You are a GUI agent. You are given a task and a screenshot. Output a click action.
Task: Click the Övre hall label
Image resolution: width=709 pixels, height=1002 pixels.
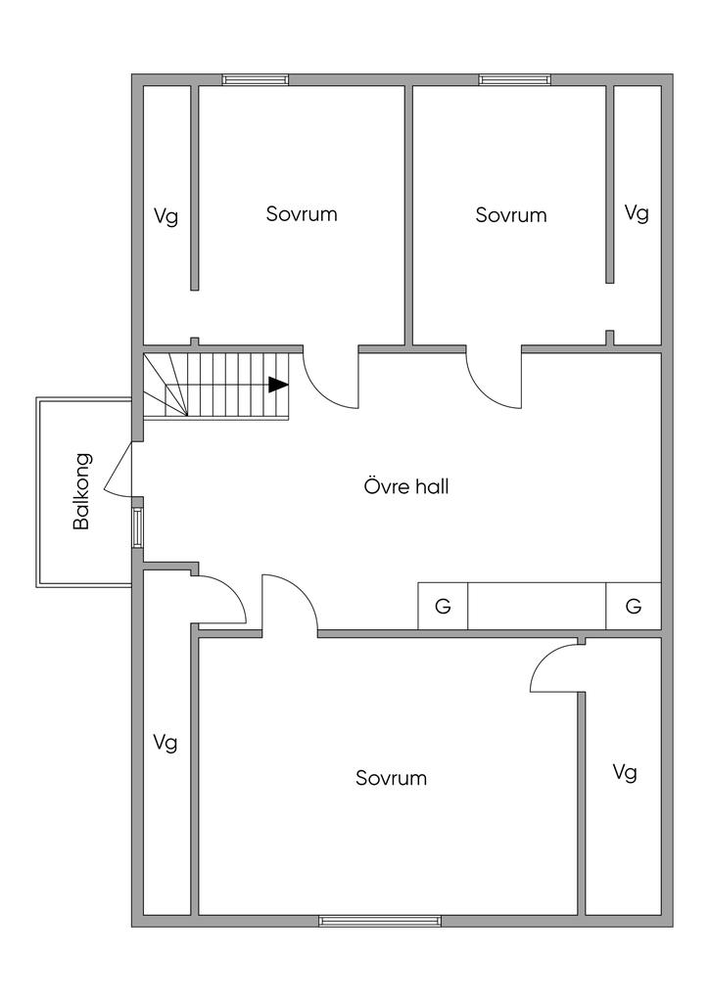click(x=405, y=486)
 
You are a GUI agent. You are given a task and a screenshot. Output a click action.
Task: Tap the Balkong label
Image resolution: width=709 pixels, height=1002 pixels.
click(x=82, y=491)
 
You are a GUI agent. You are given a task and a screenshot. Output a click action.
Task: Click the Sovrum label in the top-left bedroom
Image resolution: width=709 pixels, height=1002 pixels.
click(x=302, y=214)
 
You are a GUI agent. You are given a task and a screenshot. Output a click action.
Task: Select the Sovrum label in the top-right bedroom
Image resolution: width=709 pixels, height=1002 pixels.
click(x=510, y=215)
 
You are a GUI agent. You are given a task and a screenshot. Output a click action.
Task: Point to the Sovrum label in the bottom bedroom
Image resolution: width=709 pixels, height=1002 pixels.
click(x=391, y=779)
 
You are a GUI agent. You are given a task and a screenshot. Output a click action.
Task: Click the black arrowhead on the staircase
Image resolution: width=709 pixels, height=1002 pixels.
click(x=279, y=385)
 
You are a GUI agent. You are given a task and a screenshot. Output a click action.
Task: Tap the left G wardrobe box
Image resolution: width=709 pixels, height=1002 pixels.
click(x=443, y=607)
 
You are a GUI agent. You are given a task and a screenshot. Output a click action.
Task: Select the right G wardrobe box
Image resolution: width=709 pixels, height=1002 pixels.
click(x=633, y=607)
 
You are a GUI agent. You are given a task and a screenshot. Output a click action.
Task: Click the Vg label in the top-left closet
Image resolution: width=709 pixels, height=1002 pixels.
click(x=165, y=216)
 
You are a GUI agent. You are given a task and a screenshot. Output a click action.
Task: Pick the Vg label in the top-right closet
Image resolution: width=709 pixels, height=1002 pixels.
click(x=637, y=213)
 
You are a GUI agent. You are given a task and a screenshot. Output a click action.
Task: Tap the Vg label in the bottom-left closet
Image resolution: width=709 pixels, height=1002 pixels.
click(x=165, y=744)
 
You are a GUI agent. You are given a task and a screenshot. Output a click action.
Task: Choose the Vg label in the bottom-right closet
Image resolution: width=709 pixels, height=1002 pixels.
click(x=624, y=773)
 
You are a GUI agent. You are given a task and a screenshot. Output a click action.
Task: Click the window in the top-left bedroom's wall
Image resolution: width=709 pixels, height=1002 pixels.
click(x=255, y=80)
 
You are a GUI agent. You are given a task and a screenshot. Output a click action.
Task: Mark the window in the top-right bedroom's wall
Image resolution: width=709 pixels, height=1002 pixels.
click(x=514, y=80)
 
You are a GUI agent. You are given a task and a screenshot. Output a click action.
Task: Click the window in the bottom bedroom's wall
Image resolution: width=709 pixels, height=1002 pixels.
click(x=379, y=921)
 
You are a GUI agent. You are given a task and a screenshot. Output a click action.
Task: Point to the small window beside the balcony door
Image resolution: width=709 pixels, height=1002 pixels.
click(x=137, y=525)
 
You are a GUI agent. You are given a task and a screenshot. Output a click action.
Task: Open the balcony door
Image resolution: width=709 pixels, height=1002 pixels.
click(x=118, y=468)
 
